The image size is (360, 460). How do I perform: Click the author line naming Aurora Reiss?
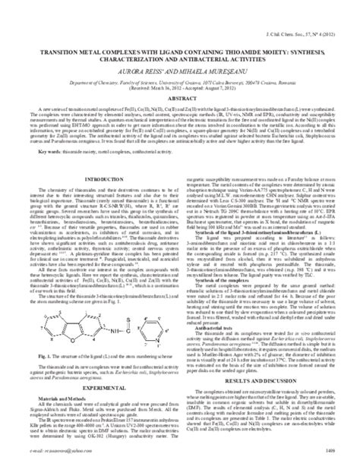[x=180, y=65]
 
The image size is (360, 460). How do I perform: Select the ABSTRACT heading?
[x=180, y=96]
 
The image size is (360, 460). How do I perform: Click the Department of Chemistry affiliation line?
[x=180, y=77]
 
